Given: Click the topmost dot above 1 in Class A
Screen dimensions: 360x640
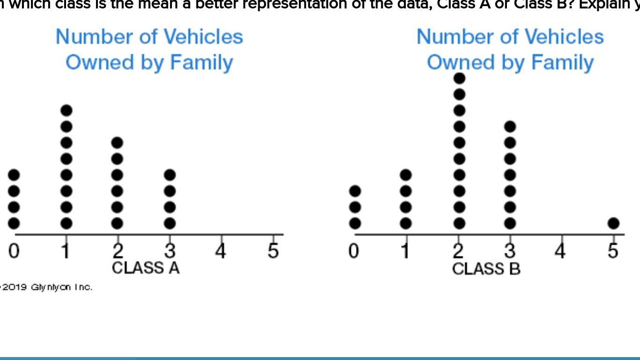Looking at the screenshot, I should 67,111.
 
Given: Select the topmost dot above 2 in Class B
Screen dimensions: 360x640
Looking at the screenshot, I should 460,78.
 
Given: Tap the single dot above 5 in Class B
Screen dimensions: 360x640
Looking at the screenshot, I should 613,223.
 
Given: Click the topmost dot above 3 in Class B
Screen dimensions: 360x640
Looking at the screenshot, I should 510,127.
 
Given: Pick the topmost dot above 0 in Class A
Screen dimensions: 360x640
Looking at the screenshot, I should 14,175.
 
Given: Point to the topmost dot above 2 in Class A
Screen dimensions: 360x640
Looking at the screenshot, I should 117,142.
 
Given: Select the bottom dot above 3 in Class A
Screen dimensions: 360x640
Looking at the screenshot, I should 170,223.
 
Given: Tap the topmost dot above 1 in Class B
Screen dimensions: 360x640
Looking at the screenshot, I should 406,175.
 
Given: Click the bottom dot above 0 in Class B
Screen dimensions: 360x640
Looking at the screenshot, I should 355,223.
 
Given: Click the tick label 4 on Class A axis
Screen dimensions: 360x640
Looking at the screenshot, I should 221,251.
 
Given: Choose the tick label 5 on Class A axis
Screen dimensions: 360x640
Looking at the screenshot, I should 273,251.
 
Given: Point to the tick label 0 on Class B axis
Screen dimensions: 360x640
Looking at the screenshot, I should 354,251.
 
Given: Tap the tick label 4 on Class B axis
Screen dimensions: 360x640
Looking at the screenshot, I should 560,251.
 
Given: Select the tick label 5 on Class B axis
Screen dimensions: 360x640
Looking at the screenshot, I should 613,251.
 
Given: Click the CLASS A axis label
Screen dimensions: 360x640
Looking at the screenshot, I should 146,268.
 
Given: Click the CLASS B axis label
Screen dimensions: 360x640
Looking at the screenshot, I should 486,269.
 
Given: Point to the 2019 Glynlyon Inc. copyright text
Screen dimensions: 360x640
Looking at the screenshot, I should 47,287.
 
